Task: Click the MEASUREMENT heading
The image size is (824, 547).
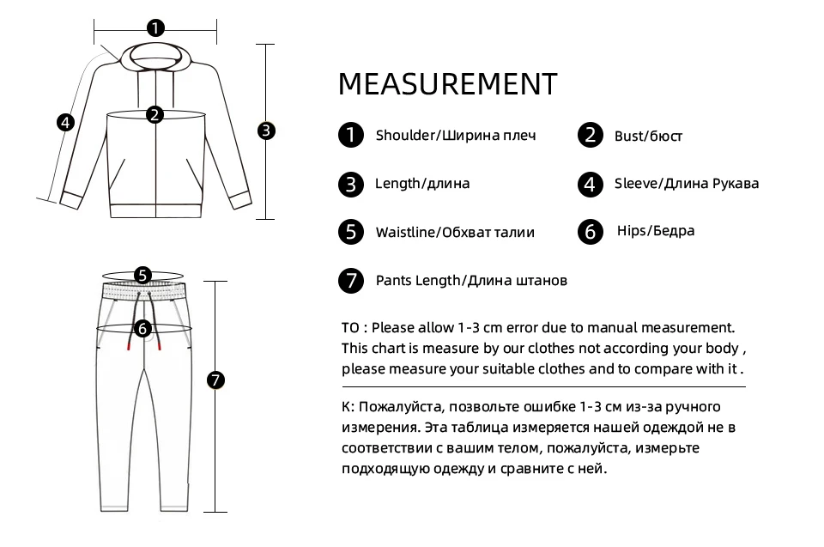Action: click(x=447, y=84)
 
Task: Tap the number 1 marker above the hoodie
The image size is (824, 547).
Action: click(x=154, y=28)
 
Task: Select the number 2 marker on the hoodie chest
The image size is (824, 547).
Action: click(x=154, y=114)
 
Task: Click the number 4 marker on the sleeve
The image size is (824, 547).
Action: click(x=65, y=122)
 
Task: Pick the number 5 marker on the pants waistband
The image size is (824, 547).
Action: click(x=142, y=276)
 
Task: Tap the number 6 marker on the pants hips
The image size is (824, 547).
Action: click(x=142, y=327)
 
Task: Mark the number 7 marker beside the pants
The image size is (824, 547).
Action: click(x=215, y=379)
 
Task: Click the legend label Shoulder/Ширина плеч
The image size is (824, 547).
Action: click(x=456, y=136)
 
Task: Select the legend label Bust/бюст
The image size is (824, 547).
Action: click(x=648, y=136)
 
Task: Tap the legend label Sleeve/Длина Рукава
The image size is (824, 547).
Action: click(x=687, y=183)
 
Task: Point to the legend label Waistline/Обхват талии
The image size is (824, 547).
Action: click(x=455, y=232)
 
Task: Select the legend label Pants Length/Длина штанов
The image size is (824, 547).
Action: click(x=471, y=281)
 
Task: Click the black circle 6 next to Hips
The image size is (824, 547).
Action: click(x=591, y=232)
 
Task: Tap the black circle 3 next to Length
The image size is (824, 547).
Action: click(x=350, y=184)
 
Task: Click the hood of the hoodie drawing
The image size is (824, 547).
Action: click(x=155, y=60)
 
